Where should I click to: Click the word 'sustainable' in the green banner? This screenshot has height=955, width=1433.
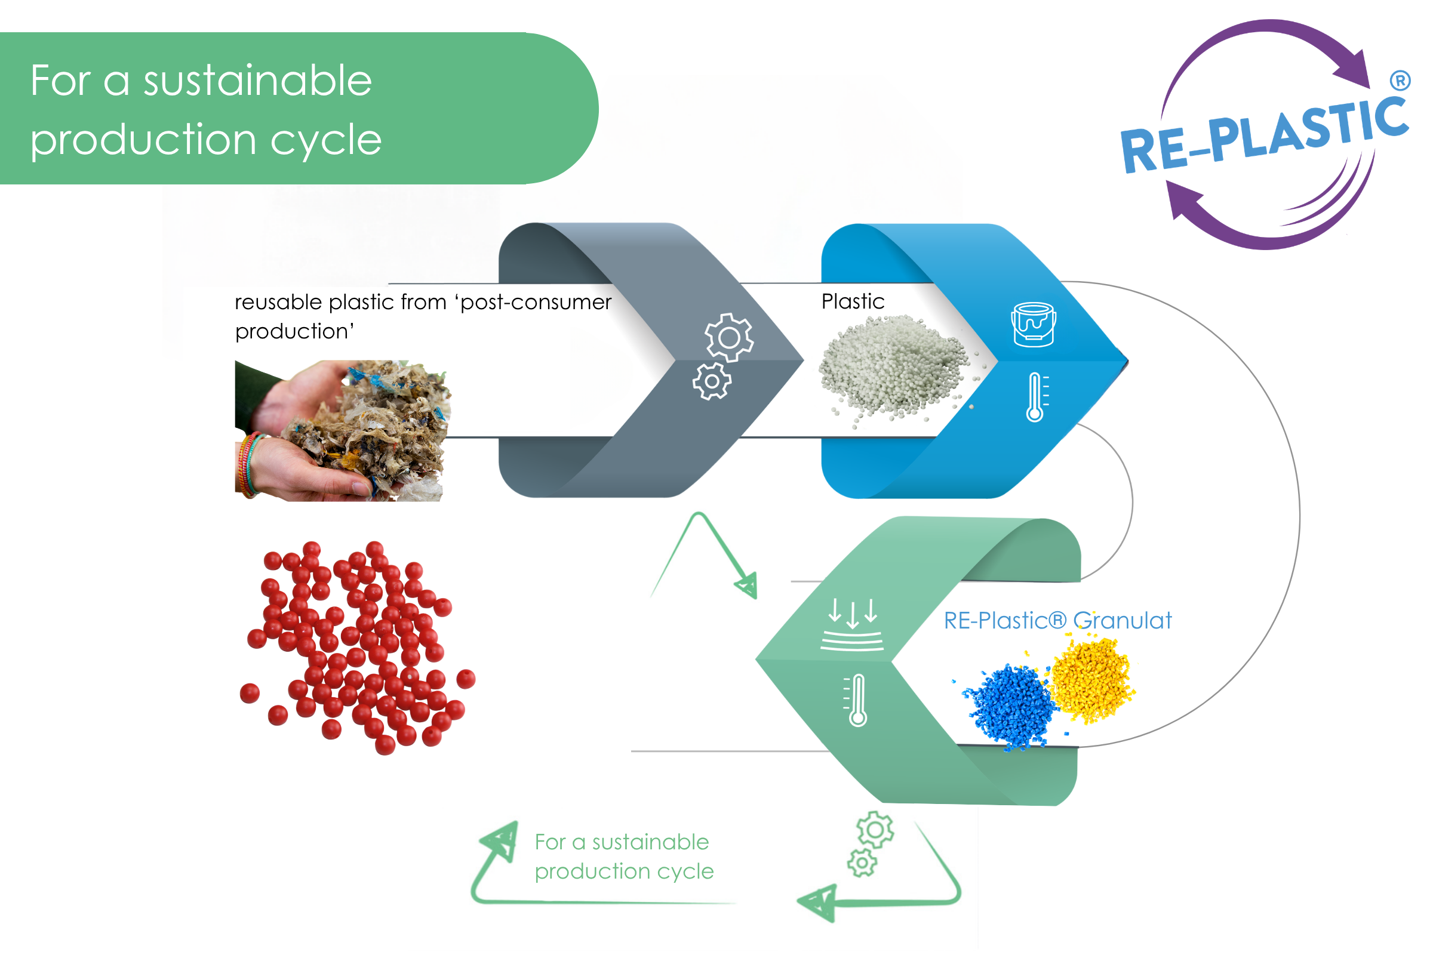pyautogui.click(x=257, y=81)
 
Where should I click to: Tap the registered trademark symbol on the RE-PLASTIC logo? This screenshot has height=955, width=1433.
pyautogui.click(x=1400, y=81)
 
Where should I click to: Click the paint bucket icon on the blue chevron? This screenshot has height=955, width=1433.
pyautogui.click(x=1034, y=325)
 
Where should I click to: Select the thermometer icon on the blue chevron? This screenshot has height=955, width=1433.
pyautogui.click(x=1037, y=397)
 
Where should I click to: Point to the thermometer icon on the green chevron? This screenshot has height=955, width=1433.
pyautogui.click(x=856, y=700)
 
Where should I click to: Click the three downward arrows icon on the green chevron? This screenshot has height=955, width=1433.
pyautogui.click(x=853, y=625)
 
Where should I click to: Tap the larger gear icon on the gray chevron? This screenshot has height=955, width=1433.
pyautogui.click(x=729, y=337)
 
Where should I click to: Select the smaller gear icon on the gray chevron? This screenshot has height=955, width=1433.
pyautogui.click(x=712, y=382)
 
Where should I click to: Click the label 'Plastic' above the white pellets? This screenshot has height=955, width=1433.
pyautogui.click(x=853, y=301)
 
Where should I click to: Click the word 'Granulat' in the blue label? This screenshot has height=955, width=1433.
pyautogui.click(x=1123, y=621)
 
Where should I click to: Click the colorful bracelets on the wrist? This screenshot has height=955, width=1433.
pyautogui.click(x=249, y=466)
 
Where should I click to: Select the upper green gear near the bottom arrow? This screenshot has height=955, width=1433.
pyautogui.click(x=875, y=830)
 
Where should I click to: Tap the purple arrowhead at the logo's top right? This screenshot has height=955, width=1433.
pyautogui.click(x=1354, y=68)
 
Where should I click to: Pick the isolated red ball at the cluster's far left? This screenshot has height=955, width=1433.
pyautogui.click(x=250, y=693)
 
